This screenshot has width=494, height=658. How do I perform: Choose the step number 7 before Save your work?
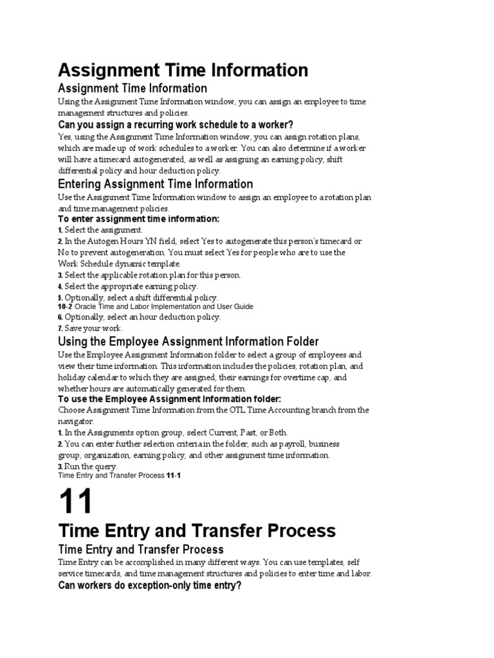click(x=60, y=328)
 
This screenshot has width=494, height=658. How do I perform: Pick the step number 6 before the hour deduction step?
click(x=60, y=317)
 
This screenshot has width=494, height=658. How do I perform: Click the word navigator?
click(x=76, y=422)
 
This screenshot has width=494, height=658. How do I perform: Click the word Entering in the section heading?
click(x=79, y=184)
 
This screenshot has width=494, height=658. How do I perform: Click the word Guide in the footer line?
click(x=242, y=307)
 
